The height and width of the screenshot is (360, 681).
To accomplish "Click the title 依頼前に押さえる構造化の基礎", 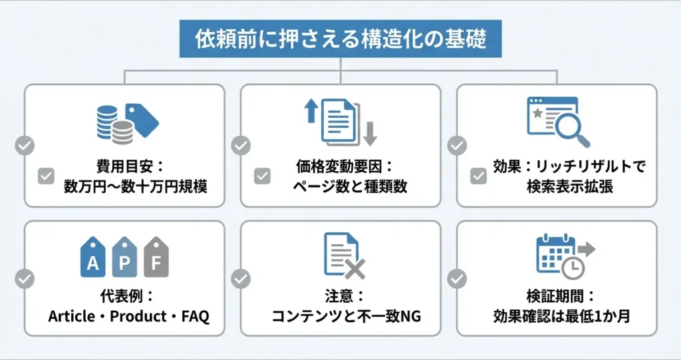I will [x=340, y=39].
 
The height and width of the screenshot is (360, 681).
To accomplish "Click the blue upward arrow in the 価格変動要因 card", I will [x=310, y=110].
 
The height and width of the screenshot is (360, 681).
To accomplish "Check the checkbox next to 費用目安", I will [x=46, y=176].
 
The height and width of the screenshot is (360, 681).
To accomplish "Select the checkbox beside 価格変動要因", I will [x=262, y=176].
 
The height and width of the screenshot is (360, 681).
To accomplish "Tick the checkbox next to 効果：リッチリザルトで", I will [x=478, y=176].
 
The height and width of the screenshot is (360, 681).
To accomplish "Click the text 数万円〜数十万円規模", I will [x=135, y=186].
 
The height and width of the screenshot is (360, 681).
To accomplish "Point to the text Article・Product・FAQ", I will [x=128, y=315].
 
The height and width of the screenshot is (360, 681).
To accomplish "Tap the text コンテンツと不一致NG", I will [x=346, y=315].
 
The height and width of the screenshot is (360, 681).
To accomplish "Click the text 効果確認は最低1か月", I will [x=563, y=315].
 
